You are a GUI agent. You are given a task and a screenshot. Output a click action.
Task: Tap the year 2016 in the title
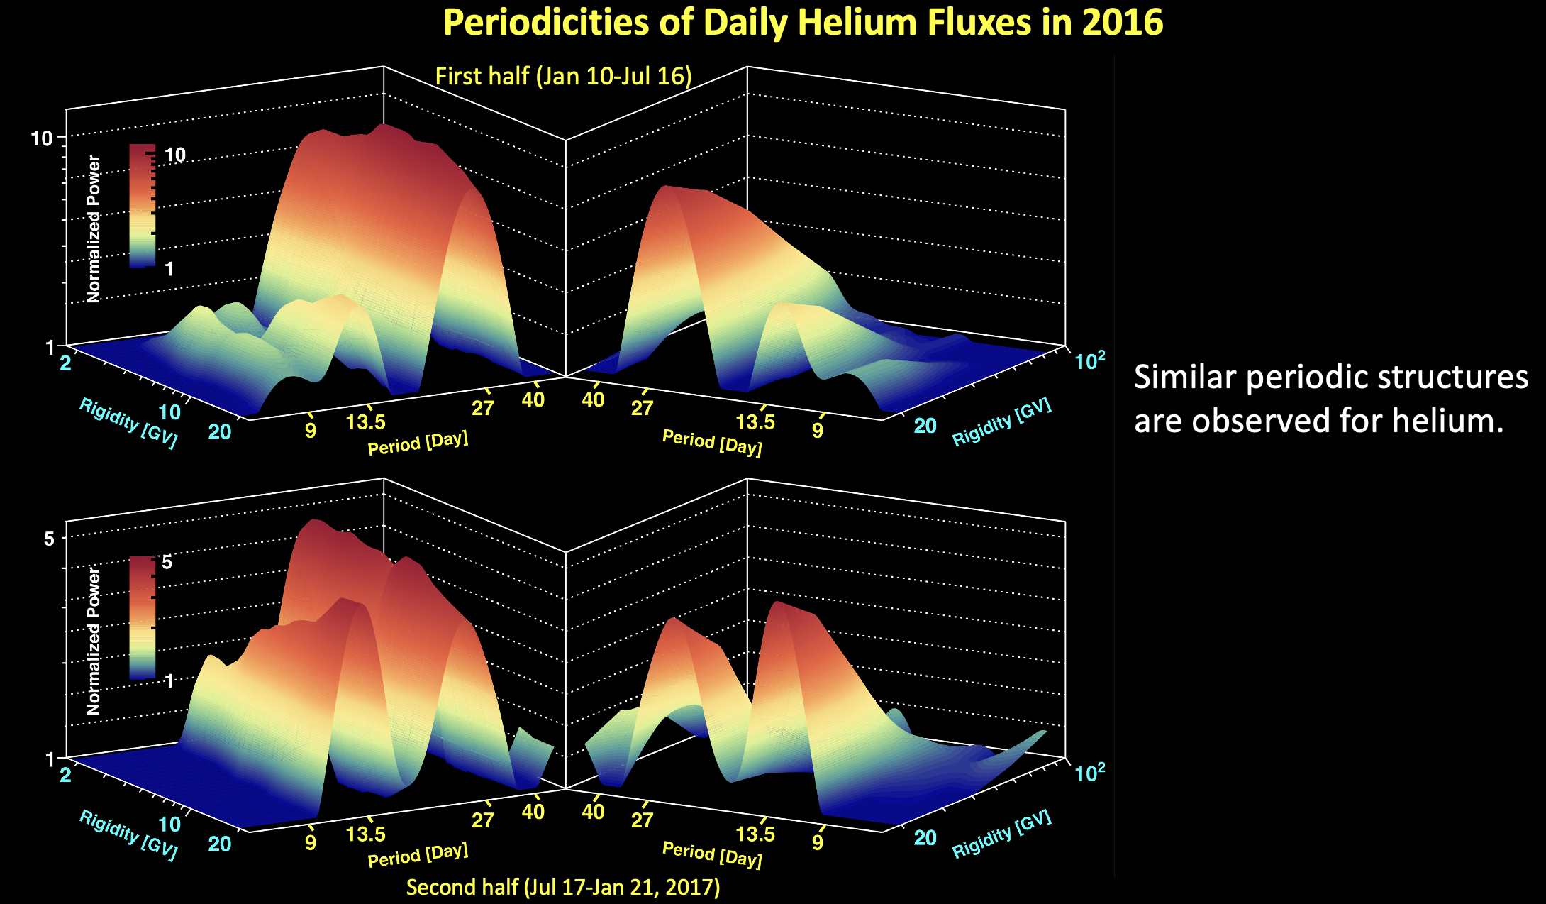click(x=1122, y=23)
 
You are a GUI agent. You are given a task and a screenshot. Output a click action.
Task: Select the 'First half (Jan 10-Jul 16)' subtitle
click(x=563, y=76)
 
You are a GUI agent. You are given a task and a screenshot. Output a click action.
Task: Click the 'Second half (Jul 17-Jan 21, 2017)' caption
click(x=563, y=887)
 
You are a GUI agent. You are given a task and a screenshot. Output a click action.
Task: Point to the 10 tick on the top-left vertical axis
click(x=42, y=138)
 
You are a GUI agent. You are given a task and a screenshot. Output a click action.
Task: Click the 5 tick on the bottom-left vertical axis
click(x=49, y=539)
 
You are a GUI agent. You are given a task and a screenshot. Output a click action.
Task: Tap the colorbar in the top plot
click(x=142, y=206)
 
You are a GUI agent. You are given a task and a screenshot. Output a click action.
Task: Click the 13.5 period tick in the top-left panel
click(x=366, y=422)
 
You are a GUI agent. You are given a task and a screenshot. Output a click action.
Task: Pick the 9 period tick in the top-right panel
click(x=818, y=430)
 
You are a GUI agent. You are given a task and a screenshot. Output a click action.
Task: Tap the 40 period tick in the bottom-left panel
click(x=533, y=812)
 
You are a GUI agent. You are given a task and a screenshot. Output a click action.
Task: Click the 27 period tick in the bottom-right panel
click(x=642, y=820)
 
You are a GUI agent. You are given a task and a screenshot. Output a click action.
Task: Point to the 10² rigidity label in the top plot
click(x=1090, y=361)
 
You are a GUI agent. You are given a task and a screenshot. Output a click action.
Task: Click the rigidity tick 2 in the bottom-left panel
click(x=65, y=774)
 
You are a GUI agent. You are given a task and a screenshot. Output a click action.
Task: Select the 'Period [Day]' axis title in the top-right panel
click(x=711, y=443)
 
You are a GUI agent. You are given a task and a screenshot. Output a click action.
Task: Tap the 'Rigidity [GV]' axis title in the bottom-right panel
click(x=1001, y=834)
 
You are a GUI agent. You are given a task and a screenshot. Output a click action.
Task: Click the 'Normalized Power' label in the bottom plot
click(x=94, y=641)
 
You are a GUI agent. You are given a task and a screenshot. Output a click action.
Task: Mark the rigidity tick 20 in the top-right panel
click(x=925, y=426)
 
